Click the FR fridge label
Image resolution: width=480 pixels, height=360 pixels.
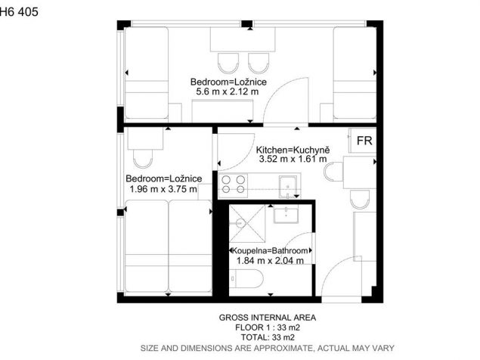364,141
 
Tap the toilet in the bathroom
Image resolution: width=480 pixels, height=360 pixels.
246,279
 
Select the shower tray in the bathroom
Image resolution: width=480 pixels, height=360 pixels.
247,224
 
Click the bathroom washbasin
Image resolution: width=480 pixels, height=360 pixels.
286,214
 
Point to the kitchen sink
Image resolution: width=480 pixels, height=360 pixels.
288,187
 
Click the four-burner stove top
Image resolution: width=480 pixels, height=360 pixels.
234,185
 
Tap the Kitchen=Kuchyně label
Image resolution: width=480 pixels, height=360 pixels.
293,150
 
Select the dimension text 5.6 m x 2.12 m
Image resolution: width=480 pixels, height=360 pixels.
227,92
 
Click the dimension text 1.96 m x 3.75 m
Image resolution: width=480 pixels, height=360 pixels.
163,189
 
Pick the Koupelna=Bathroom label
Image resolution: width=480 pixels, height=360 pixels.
270,250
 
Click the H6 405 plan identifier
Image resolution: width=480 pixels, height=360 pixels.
19,11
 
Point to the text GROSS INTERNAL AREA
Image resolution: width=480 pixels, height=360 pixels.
268,318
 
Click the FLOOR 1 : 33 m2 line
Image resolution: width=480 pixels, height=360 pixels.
268,327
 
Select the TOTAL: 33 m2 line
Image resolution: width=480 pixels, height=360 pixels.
268,337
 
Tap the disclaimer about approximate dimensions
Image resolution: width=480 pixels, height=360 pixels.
268,348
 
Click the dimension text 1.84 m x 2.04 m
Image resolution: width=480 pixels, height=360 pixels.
270,261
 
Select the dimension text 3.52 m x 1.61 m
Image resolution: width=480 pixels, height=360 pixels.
293,159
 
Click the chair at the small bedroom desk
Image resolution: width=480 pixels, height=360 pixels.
143,159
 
